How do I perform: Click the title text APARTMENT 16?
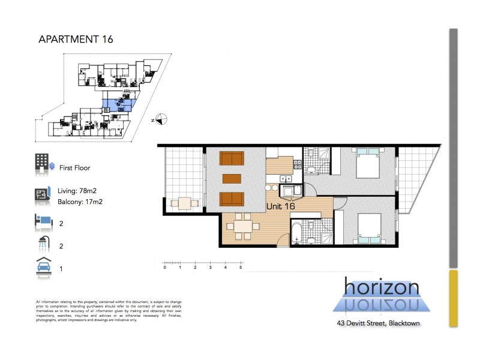pos(76,40)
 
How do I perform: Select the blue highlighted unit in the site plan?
pos(116,104)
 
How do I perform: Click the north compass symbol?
pos(159,119)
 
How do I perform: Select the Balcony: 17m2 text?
pos(85,201)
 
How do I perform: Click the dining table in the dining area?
pos(243,226)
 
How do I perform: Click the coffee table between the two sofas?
pos(231,178)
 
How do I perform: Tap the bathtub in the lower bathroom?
pos(298,233)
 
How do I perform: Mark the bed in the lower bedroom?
pos(368,229)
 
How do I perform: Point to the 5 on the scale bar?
pos(241,268)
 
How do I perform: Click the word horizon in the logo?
pos(382,286)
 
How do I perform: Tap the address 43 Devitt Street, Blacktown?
pos(377,324)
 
